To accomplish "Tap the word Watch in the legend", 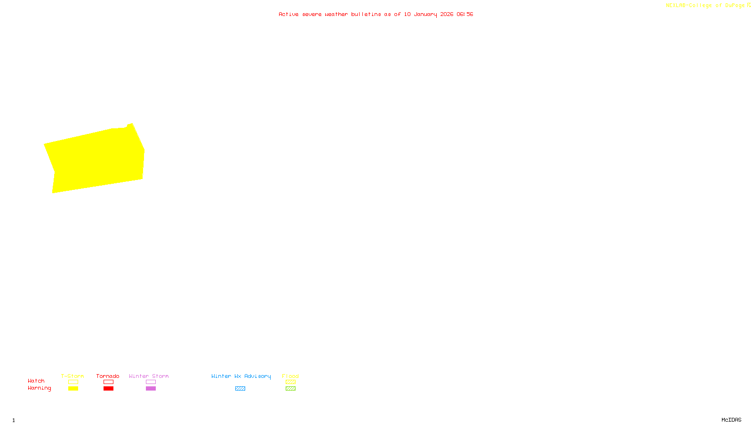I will pyautogui.click(x=36, y=381).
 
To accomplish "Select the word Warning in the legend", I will pyautogui.click(x=39, y=388).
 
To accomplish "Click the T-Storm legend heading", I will pyautogui.click(x=72, y=376).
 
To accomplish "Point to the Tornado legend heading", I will pyautogui.click(x=108, y=376).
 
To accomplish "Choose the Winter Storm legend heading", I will pyautogui.click(x=149, y=376).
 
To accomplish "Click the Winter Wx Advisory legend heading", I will pyautogui.click(x=241, y=376).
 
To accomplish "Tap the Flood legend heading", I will pyautogui.click(x=290, y=376).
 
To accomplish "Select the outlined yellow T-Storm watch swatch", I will pyautogui.click(x=73, y=382).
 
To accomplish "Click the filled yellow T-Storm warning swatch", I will pyautogui.click(x=73, y=389).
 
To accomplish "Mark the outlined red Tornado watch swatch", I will pyautogui.click(x=108, y=382).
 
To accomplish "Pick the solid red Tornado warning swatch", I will pyautogui.click(x=108, y=389).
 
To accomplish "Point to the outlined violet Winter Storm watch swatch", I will pyautogui.click(x=151, y=382).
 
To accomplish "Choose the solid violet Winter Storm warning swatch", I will pyautogui.click(x=151, y=389).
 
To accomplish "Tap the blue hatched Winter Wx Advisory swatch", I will pyautogui.click(x=240, y=389).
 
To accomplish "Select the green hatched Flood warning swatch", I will pyautogui.click(x=290, y=389).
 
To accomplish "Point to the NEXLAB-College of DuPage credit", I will pyautogui.click(x=705, y=6).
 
